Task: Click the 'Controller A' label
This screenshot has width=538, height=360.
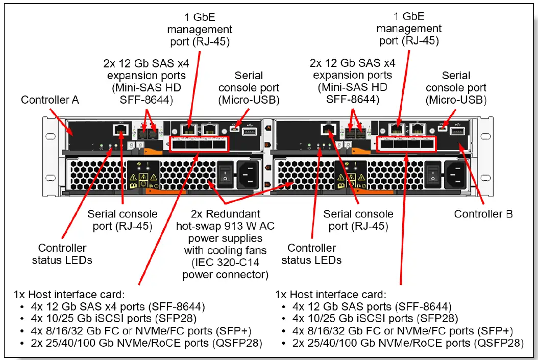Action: point(50,100)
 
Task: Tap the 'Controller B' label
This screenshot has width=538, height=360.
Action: point(483,213)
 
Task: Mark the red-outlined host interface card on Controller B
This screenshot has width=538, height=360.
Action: point(406,145)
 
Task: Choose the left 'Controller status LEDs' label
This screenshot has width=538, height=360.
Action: point(62,254)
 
